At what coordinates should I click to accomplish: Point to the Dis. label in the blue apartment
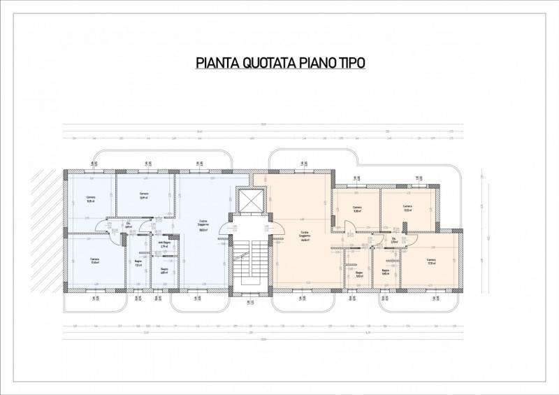point(129,225)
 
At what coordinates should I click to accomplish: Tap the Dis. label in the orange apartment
point(395,242)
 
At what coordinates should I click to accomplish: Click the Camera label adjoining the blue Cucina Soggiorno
point(144,195)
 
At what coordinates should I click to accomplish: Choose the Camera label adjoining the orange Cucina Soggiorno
point(357,209)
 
